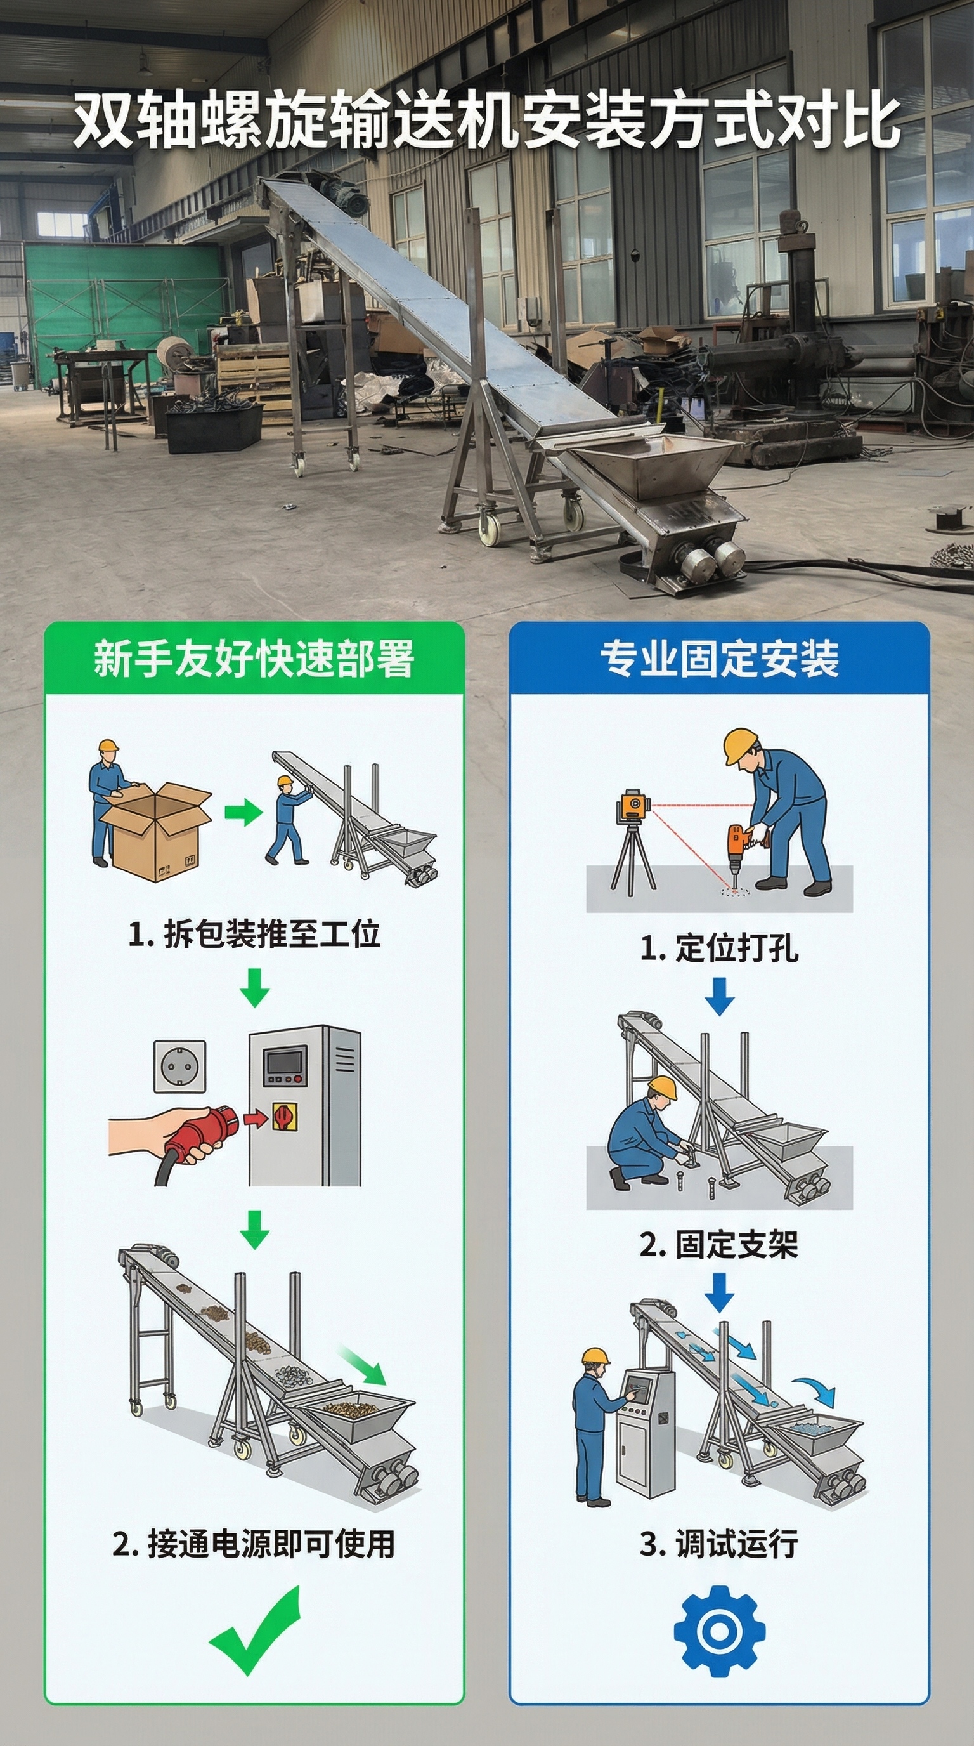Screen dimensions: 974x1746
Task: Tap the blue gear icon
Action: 719,1632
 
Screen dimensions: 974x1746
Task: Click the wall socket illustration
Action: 179,1066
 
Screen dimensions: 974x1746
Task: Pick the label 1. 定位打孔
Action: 719,948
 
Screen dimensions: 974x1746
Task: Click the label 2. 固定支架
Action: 719,1244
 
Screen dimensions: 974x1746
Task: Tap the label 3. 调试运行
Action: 719,1544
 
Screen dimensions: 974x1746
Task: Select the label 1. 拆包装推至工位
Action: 254,933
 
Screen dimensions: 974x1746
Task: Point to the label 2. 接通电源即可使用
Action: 254,1544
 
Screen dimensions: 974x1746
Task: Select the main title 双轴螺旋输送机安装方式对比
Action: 487,121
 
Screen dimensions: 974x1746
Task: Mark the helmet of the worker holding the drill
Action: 739,745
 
